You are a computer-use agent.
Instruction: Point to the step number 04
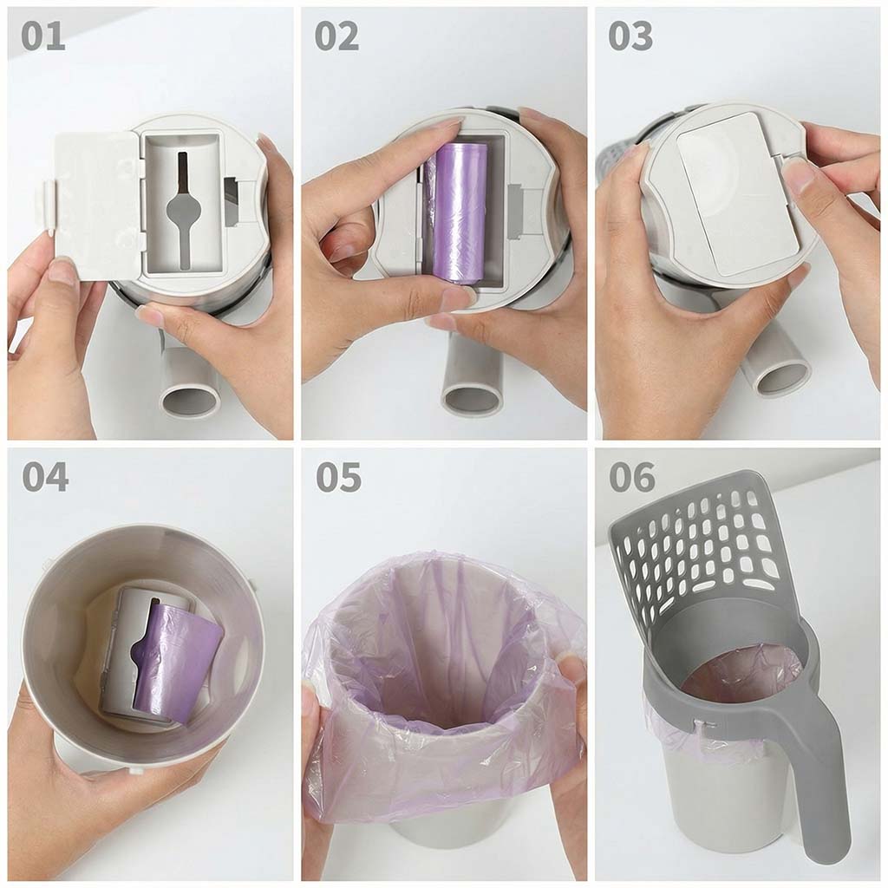coord(45,477)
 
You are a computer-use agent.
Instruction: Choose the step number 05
coord(339,477)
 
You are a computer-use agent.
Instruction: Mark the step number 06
coord(632,477)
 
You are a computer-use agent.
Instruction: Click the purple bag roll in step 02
coord(456,212)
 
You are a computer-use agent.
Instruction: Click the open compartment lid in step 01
coord(96,205)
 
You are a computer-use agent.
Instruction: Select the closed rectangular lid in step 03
coord(738,193)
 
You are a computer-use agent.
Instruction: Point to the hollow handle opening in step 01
coord(192,399)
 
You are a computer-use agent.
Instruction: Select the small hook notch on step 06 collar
coord(703,723)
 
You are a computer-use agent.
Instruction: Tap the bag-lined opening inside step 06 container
coord(742,676)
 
